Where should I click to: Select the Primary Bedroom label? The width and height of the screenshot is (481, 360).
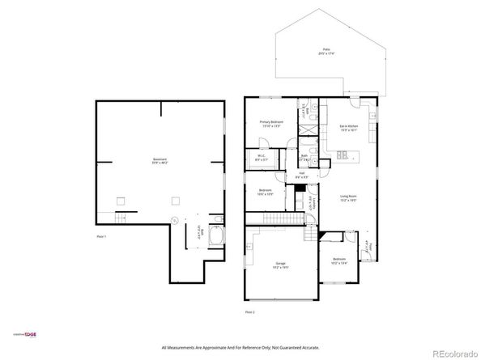pos(270,124)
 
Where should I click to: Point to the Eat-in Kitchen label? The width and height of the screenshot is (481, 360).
pos(349,128)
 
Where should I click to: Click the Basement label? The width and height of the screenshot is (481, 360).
pos(160,161)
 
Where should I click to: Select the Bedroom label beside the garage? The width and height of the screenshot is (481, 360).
pos(339,260)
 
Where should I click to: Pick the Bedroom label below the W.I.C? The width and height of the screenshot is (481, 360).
pos(265,193)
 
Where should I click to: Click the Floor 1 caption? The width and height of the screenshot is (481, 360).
pos(101,236)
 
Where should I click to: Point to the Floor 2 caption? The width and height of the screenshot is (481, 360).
pos(250,311)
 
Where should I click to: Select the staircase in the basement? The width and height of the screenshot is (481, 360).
pos(121,219)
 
